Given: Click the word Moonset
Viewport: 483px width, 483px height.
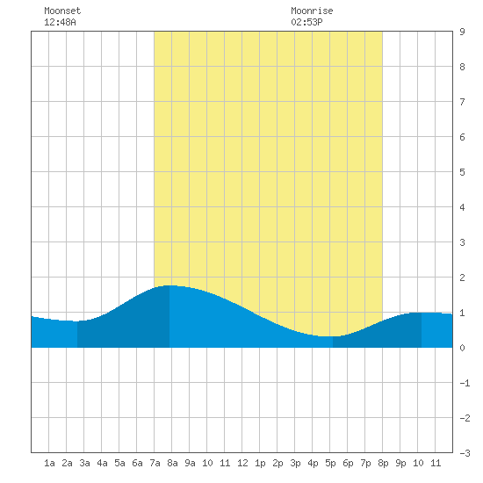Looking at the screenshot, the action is tap(62, 11).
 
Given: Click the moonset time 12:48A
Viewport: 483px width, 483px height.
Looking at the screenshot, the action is tap(60, 22).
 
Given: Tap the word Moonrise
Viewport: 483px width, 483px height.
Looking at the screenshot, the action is tap(312, 11).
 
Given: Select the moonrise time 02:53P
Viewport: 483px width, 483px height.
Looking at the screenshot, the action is tap(306, 22).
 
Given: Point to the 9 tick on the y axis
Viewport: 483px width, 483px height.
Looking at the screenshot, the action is tap(462, 32).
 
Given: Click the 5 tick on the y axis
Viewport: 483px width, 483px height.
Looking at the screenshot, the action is tap(462, 172).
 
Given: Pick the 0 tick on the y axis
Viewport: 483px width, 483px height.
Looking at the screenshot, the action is tap(462, 348).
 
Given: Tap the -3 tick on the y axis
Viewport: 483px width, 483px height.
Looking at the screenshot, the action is tap(465, 453).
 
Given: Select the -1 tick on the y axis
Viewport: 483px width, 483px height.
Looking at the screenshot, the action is tap(465, 383).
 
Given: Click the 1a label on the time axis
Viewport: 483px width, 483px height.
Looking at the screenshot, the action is tap(49, 463).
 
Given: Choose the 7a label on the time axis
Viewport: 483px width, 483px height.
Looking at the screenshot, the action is tap(155, 463).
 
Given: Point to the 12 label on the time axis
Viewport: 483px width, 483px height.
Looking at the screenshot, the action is tap(242, 463).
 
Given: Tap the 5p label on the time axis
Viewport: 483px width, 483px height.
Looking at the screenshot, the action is tap(330, 463).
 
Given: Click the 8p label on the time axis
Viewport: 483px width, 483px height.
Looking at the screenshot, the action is tap(383, 463).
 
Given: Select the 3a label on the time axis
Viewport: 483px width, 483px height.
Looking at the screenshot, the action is tap(84, 463).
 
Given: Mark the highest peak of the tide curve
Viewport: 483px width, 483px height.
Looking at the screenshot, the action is tap(169, 285).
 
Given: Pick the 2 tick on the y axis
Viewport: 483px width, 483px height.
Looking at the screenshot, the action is tap(462, 278).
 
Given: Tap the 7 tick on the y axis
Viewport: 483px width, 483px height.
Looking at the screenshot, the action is tap(462, 102).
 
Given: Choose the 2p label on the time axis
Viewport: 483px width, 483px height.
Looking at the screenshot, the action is tap(278, 463).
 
